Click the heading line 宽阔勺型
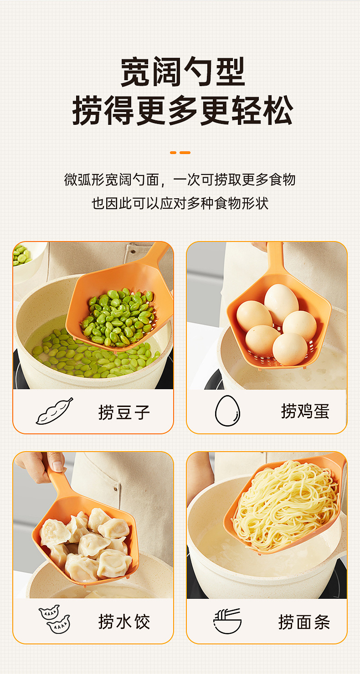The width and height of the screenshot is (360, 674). click(182, 72)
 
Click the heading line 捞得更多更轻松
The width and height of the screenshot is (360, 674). click(182, 111)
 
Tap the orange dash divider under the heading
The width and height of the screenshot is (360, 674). click(180, 152)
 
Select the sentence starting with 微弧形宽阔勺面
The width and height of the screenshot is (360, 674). click(180, 180)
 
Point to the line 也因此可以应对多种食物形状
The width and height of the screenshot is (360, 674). click(180, 203)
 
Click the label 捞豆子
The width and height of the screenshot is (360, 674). click(124, 412)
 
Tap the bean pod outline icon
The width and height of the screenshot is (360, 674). click(54, 411)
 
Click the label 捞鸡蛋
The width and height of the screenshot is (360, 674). click(305, 411)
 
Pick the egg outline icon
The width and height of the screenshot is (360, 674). click(227, 411)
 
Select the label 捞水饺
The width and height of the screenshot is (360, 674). click(124, 622)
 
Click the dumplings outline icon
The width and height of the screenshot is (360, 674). click(54, 619)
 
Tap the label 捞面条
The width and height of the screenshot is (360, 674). click(304, 622)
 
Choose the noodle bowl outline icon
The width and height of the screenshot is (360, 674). click(227, 621)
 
